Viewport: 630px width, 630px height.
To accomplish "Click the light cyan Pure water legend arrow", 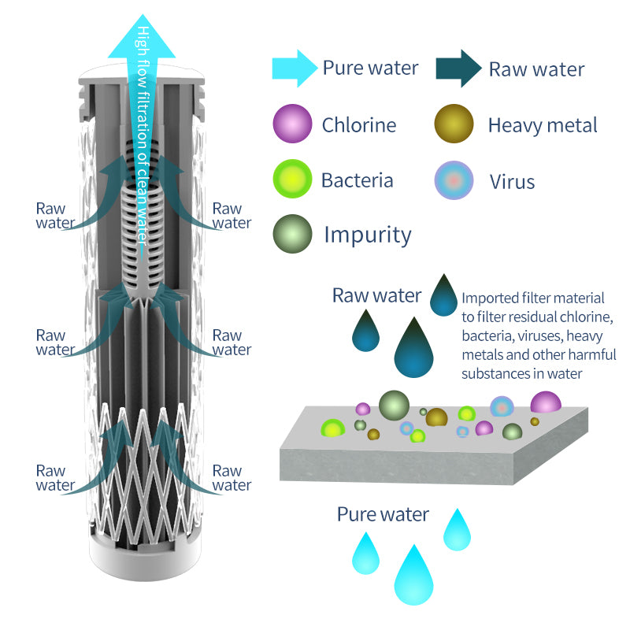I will point(293,68).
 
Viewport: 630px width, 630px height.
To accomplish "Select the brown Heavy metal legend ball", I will point(454,124).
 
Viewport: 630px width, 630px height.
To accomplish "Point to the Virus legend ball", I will point(454,180).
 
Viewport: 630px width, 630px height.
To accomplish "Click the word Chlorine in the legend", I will point(358,124).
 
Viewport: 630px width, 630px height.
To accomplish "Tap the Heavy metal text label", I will point(543,124).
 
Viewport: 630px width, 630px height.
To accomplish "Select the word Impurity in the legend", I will point(368,235).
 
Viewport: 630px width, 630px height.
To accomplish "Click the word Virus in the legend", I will point(512,182).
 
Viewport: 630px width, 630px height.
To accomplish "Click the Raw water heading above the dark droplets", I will point(376,295).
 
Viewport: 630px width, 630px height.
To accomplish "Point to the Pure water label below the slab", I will point(383,514).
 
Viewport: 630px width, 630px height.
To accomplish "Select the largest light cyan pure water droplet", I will point(413,577).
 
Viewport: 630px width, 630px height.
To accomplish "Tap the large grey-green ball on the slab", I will point(394,404).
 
